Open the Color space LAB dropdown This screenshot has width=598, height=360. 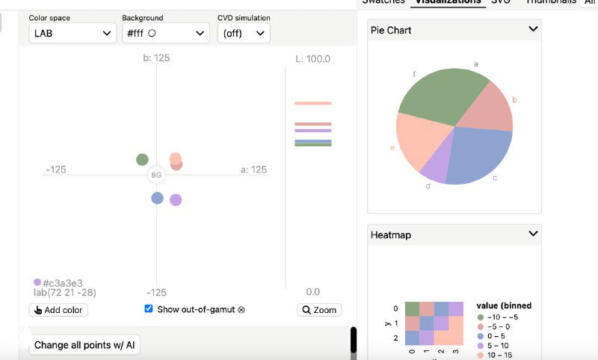(73, 33)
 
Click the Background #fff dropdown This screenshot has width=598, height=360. (165, 33)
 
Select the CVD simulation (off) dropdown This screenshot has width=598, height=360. (244, 33)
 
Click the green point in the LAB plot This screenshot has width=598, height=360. (142, 159)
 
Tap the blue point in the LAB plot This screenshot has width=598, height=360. (157, 198)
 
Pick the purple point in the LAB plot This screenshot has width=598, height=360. (176, 199)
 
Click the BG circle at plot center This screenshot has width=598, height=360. (156, 175)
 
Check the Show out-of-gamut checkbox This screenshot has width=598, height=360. (149, 308)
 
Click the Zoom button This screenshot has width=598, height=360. (319, 310)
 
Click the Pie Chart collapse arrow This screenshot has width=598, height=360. (533, 29)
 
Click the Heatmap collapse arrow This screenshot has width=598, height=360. (533, 234)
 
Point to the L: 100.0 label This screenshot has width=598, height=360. (312, 59)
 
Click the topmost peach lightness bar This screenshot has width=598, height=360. (312, 103)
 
